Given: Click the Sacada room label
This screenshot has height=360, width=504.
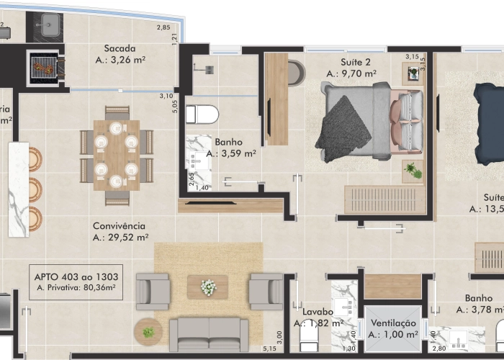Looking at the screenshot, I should point(120,49).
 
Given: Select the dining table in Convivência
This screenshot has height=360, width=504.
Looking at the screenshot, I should point(116,155).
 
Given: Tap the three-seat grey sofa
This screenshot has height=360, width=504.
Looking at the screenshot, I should point(208,333).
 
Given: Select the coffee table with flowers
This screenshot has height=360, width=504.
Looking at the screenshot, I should point(207,287).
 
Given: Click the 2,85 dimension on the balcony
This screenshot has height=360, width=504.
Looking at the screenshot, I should point(163,28).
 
